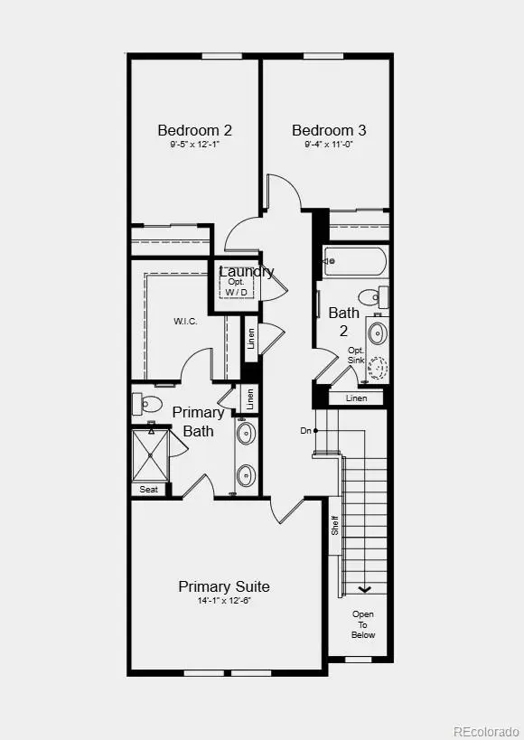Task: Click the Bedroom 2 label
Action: [x=194, y=130]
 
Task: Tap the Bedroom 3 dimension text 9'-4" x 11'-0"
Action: [x=329, y=145]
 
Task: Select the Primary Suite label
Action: [x=224, y=586]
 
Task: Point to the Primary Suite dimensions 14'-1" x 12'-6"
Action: [x=224, y=601]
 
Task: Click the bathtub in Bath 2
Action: [x=355, y=261]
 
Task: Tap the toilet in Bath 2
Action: [x=373, y=297]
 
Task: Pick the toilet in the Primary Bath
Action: [x=147, y=404]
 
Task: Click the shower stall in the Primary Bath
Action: [x=150, y=454]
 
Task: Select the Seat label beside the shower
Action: [x=149, y=490]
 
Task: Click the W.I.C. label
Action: [x=185, y=322]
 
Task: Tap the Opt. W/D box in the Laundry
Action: [x=236, y=286]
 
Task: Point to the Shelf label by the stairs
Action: [x=334, y=525]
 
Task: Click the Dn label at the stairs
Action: [x=306, y=430]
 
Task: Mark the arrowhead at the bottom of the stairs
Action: [x=364, y=589]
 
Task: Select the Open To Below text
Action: [x=363, y=624]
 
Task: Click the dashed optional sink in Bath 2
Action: [x=377, y=368]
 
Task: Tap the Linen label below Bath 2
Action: [x=357, y=398]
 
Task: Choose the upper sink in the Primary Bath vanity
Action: [x=246, y=433]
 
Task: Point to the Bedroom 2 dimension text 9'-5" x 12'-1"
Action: [x=195, y=145]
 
